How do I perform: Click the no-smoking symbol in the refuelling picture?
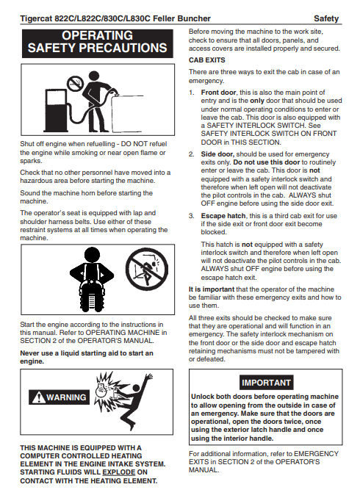pyautogui.click(x=75, y=83)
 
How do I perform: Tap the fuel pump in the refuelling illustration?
pyautogui.click(x=57, y=110)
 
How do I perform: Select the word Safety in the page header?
pyautogui.click(x=326, y=19)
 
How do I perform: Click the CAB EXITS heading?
pyautogui.click(x=207, y=60)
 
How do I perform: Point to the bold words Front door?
pyautogui.click(x=219, y=93)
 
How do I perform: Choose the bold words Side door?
pyautogui.click(x=217, y=154)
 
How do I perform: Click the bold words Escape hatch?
pyautogui.click(x=223, y=216)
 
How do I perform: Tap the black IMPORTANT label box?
pyautogui.click(x=266, y=383)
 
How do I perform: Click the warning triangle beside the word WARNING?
pyautogui.click(x=38, y=397)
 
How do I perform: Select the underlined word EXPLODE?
pyautogui.click(x=119, y=472)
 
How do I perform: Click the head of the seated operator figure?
pyautogui.click(x=92, y=254)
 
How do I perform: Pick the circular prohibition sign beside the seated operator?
pyautogui.click(x=147, y=269)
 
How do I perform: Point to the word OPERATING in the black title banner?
pyautogui.click(x=97, y=35)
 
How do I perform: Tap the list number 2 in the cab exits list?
pyautogui.click(x=191, y=154)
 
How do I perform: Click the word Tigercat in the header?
pyautogui.click(x=36, y=19)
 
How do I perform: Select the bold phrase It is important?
pyautogui.click(x=212, y=289)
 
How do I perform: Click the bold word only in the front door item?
pyautogui.click(x=257, y=101)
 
